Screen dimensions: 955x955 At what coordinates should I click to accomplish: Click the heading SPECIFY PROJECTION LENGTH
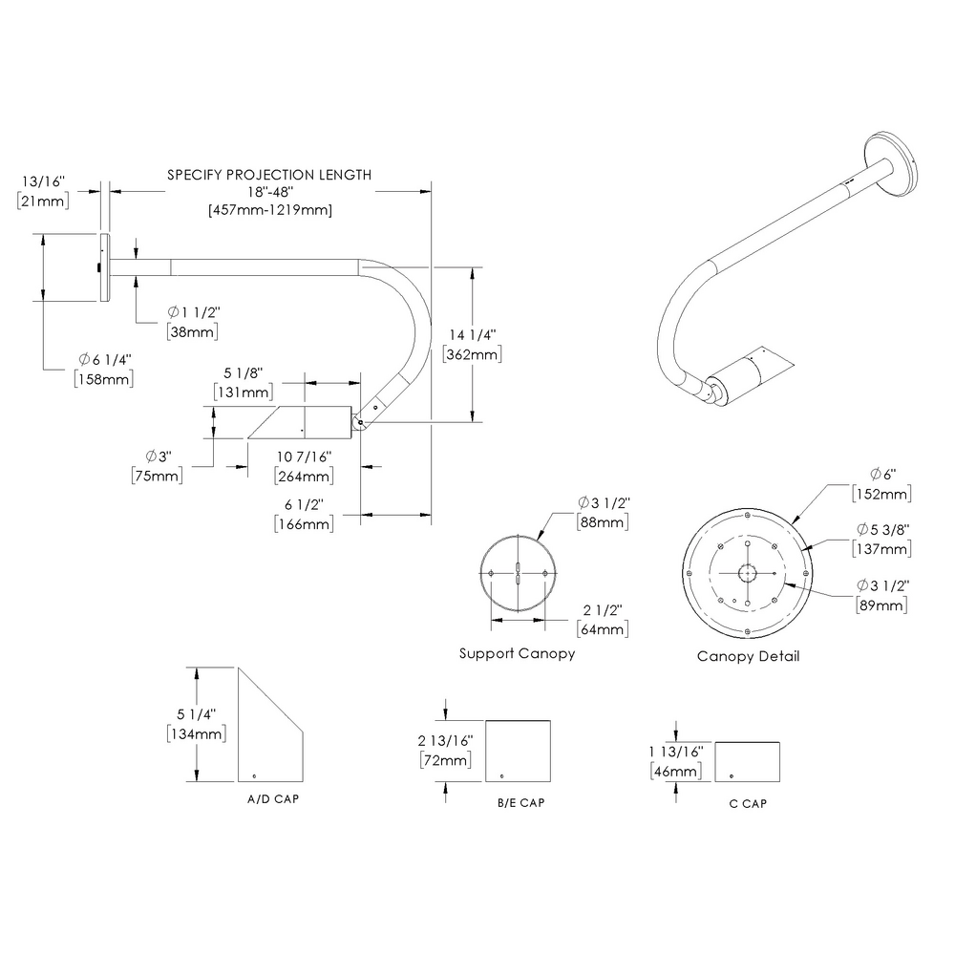click(x=269, y=175)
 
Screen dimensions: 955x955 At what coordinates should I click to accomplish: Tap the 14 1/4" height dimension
click(x=473, y=335)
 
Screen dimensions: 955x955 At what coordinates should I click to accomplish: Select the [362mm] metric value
click(x=473, y=354)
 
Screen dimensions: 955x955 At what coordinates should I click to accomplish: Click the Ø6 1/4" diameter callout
click(x=104, y=360)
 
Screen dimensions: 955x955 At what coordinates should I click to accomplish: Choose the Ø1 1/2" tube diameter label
click(x=194, y=313)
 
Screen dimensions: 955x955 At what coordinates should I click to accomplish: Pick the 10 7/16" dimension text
click(x=303, y=457)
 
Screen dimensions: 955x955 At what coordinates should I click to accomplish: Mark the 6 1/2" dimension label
click(x=303, y=505)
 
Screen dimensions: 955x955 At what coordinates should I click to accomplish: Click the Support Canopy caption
click(x=517, y=654)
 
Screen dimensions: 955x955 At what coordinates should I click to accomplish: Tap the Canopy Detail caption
click(x=748, y=656)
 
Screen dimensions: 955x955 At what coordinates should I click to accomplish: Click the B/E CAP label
click(x=520, y=803)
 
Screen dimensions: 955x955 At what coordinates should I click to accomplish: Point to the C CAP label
click(x=748, y=803)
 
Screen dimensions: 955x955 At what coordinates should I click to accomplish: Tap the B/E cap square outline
click(x=519, y=751)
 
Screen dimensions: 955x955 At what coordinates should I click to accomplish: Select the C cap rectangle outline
click(x=747, y=761)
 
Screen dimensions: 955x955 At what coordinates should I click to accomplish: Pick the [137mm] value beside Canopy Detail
click(x=881, y=549)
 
